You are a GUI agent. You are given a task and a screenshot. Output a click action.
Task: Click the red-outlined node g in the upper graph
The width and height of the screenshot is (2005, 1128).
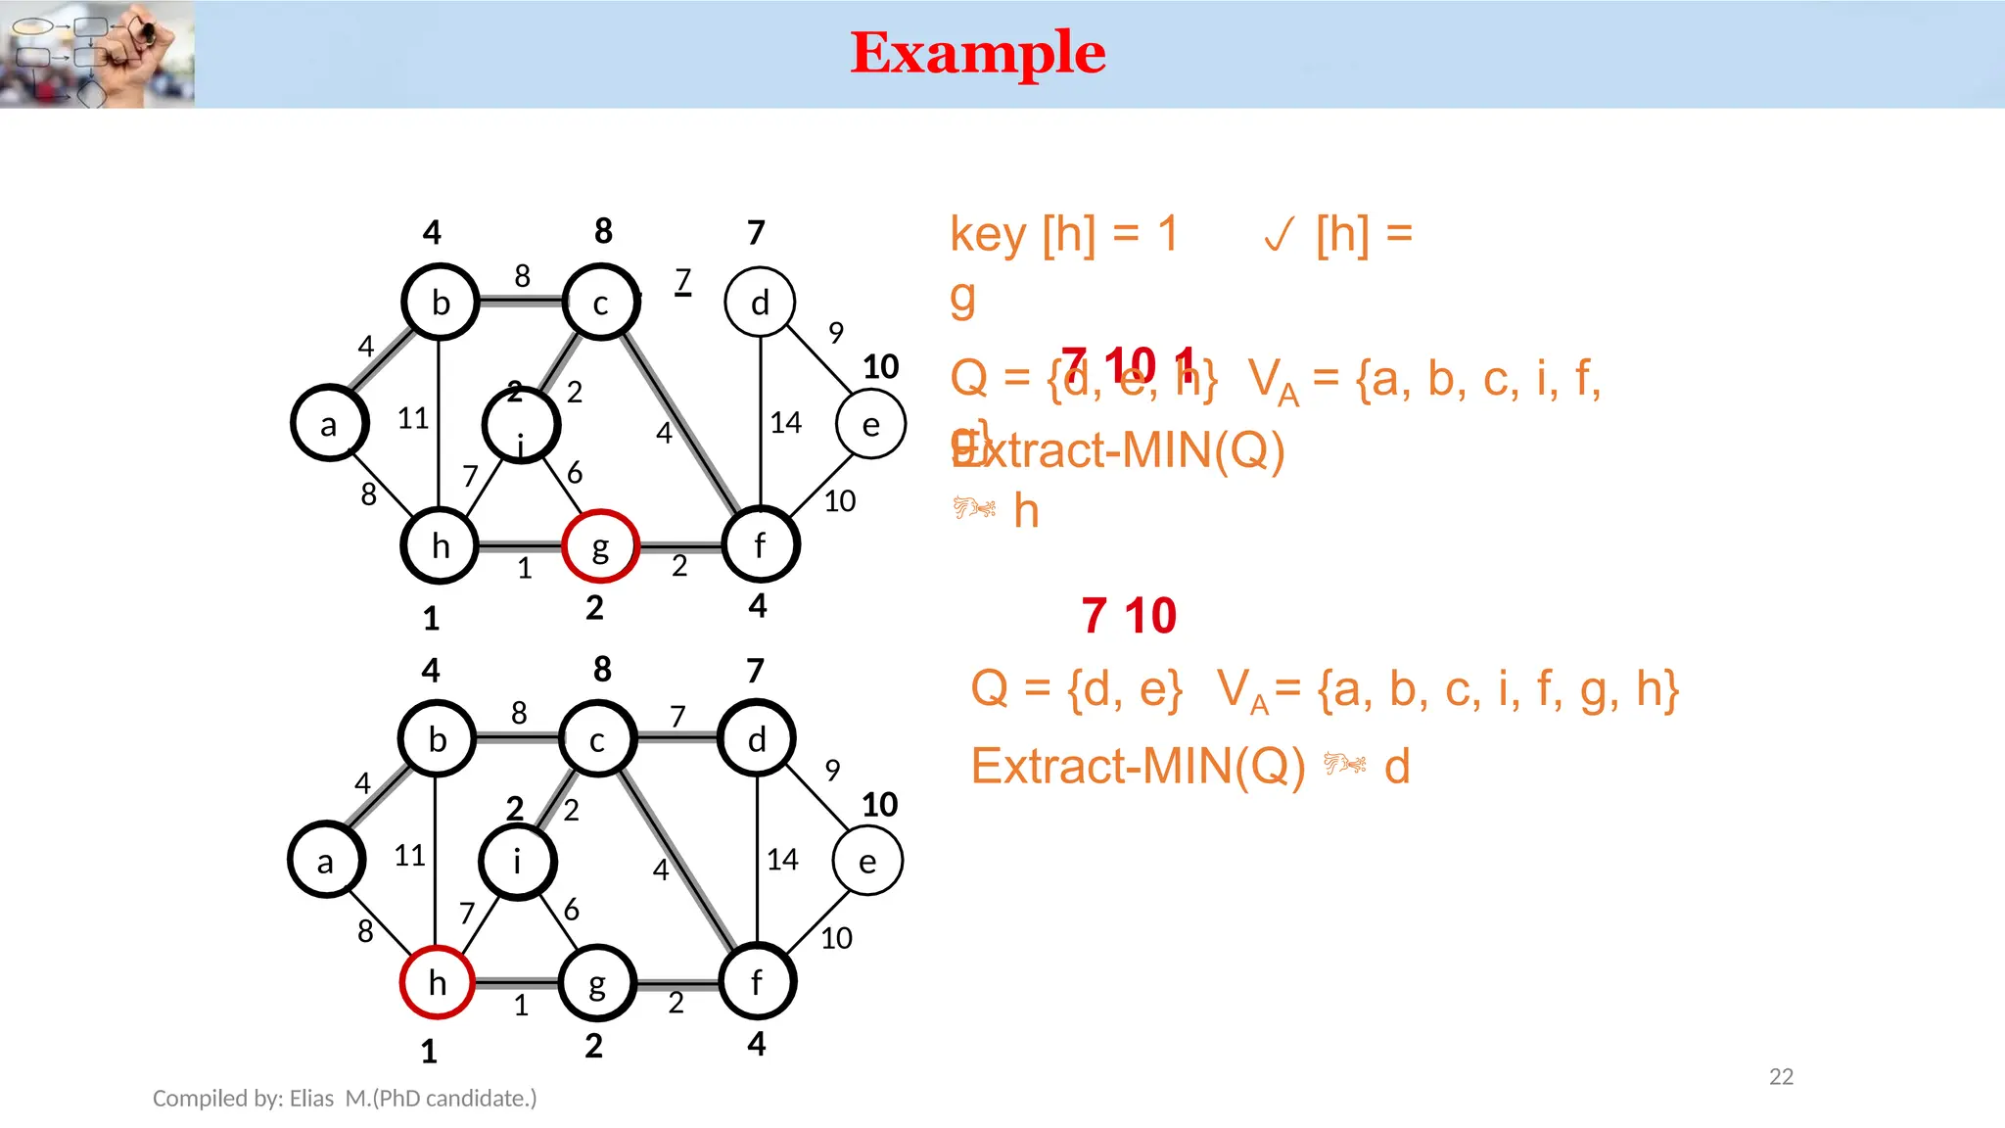pyautogui.click(x=600, y=546)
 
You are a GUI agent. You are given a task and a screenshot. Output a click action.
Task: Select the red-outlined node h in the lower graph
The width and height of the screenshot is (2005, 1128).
pyautogui.click(x=438, y=982)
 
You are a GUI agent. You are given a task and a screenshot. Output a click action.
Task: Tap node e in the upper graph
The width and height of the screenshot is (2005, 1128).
pyautogui.click(x=870, y=424)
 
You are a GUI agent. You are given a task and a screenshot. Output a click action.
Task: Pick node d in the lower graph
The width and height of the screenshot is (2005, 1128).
pyautogui.click(x=757, y=739)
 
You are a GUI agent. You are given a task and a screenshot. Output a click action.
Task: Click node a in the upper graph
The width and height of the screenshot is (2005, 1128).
pyautogui.click(x=329, y=424)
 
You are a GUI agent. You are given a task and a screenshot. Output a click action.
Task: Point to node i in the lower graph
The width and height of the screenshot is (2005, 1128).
pyautogui.click(x=518, y=862)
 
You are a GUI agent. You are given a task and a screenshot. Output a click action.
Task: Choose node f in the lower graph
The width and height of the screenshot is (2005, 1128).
pyautogui.click(x=757, y=982)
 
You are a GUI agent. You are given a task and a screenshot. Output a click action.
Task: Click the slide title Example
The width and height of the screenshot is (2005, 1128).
pyautogui.click(x=978, y=53)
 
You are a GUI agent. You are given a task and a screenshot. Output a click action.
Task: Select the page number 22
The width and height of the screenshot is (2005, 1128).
pyautogui.click(x=1781, y=1077)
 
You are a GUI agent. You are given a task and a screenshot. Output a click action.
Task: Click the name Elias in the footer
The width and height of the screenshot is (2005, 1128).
pyautogui.click(x=311, y=1099)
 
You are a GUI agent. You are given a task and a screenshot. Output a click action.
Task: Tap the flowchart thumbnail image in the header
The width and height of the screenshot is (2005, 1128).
pyautogui.click(x=97, y=54)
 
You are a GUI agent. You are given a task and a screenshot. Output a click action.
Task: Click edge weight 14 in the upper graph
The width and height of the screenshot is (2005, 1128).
pyautogui.click(x=785, y=423)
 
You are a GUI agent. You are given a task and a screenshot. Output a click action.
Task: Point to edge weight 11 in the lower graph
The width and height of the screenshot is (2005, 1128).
pyautogui.click(x=409, y=856)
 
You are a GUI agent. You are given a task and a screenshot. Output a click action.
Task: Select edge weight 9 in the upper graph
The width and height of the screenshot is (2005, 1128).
pyautogui.click(x=835, y=333)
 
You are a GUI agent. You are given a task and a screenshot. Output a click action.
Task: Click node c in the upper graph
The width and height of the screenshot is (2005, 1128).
pyautogui.click(x=601, y=303)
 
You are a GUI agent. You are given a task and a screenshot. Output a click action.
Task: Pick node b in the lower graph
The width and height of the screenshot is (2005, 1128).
pyautogui.click(x=438, y=739)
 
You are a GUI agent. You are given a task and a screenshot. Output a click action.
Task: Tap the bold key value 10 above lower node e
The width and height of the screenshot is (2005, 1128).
pyautogui.click(x=879, y=805)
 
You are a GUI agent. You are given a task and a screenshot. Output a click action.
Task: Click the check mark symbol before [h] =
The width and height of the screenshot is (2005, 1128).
pyautogui.click(x=1279, y=235)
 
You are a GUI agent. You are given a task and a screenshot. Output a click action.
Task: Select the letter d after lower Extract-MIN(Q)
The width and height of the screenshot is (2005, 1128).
pyautogui.click(x=1397, y=767)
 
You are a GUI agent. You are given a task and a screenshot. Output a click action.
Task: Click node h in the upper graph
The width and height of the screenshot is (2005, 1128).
pyautogui.click(x=441, y=546)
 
